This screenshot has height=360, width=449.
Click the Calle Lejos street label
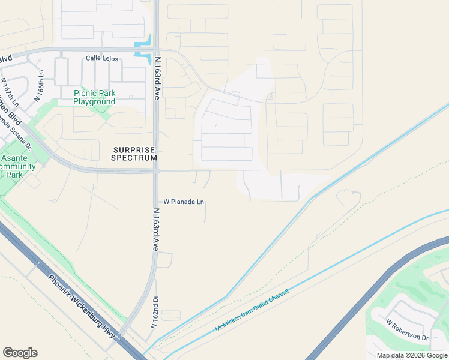pos(102,59)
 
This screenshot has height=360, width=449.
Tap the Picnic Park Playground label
pos(94,97)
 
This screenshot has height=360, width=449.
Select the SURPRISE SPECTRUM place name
pos(134,154)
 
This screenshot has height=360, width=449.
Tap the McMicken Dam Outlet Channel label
pos(252,310)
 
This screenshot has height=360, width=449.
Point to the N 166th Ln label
pos(39,86)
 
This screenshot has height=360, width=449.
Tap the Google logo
pos(20,353)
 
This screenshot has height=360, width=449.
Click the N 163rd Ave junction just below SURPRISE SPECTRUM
pos(156,172)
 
